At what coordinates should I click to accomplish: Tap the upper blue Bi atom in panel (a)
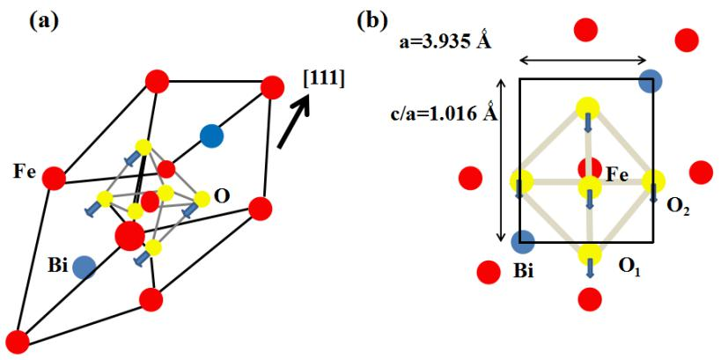coord(210,136)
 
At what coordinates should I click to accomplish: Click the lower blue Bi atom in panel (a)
coord(85,267)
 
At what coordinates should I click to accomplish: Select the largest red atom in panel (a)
coord(129,235)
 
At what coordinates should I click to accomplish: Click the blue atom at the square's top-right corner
coord(651,81)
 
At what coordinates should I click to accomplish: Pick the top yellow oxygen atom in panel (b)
coord(587,108)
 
